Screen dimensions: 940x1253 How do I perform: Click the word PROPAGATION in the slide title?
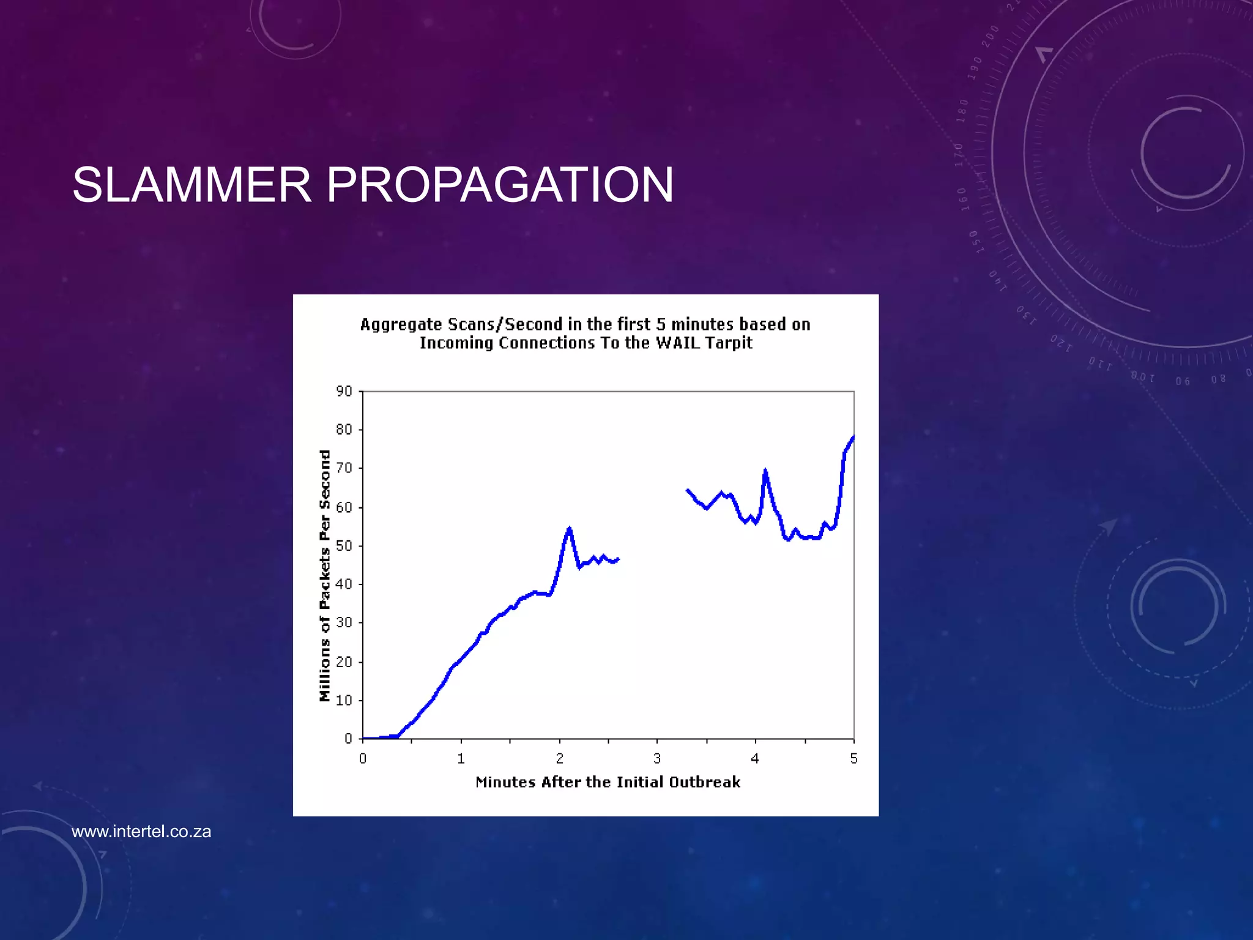[x=499, y=185]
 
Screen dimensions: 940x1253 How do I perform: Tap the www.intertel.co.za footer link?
[x=141, y=832]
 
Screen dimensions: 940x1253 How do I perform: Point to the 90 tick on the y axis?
[x=344, y=391]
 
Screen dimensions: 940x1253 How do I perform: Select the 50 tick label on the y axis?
[x=344, y=546]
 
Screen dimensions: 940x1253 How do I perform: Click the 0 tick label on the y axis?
[x=348, y=739]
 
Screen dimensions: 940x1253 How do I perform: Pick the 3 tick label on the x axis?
[x=657, y=759]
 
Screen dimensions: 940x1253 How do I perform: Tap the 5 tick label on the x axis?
[x=853, y=759]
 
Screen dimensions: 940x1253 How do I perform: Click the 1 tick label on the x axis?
[x=461, y=759]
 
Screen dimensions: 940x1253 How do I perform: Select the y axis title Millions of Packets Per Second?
[x=325, y=576]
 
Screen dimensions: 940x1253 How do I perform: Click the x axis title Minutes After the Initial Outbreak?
[x=608, y=782]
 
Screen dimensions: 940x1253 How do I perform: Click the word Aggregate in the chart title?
[x=400, y=324]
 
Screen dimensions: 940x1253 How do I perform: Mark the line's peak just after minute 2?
[x=570, y=528]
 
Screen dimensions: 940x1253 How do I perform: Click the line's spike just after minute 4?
[x=765, y=470]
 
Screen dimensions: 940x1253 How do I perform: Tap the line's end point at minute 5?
[x=853, y=437]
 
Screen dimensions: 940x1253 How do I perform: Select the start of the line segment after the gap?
[x=688, y=490]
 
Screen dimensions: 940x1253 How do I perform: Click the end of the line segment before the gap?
[x=618, y=559]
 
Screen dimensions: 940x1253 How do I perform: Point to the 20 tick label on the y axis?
[x=344, y=662]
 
